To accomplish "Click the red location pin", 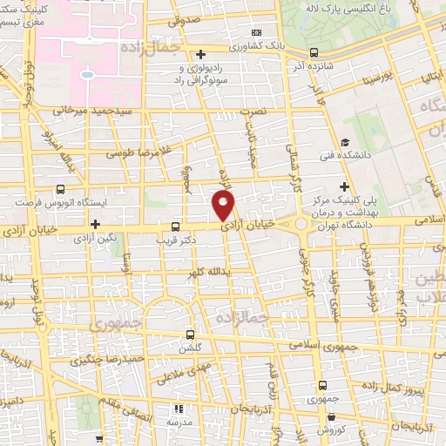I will click(x=225, y=206).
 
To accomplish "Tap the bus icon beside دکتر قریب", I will click(x=176, y=225).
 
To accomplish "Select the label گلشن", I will click(x=192, y=347).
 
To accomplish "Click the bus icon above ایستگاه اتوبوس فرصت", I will click(x=60, y=189).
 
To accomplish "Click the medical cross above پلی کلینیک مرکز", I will click(x=346, y=186).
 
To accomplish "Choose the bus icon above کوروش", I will click(x=324, y=384).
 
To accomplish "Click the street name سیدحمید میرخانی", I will click(x=92, y=111).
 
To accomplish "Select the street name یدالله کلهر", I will click(x=209, y=272).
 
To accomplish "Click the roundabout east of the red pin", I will click(x=301, y=224).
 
